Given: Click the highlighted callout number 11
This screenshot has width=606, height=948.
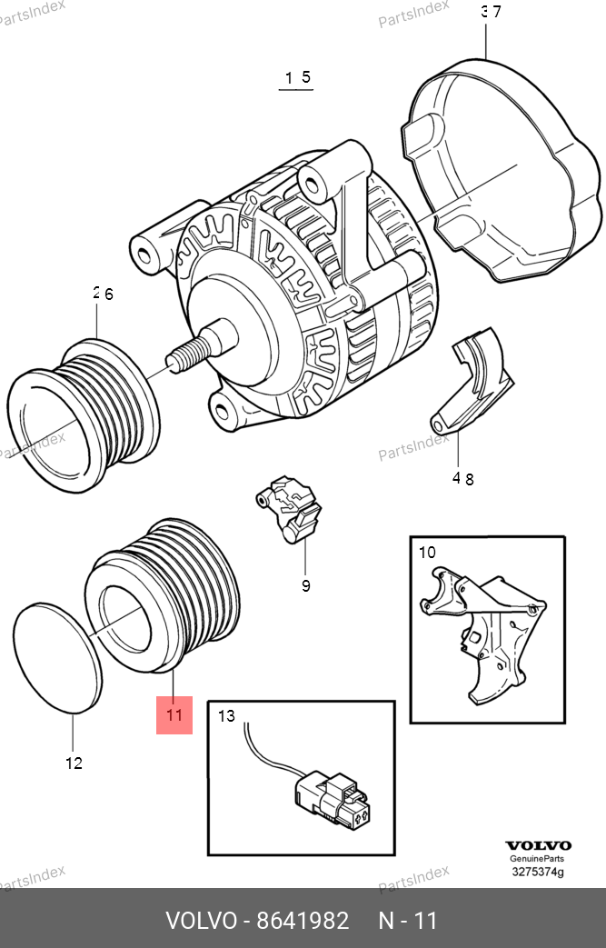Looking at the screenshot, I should tap(174, 715).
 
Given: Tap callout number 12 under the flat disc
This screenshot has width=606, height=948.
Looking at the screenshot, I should tap(74, 763).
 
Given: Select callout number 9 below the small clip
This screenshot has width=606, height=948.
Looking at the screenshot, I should tap(305, 585).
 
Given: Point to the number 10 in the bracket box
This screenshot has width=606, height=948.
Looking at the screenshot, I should tap(427, 552).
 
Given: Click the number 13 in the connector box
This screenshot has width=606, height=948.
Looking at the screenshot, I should tap(226, 716).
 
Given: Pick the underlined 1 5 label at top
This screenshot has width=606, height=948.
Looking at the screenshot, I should tap(298, 78).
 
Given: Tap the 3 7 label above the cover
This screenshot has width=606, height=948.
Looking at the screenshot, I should tap(491, 12).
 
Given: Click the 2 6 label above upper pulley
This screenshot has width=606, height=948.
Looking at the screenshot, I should tap(103, 294).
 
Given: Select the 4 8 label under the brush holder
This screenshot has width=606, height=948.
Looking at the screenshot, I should tap(463, 479).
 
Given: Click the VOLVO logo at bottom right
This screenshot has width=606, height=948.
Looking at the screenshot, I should tap(538, 845).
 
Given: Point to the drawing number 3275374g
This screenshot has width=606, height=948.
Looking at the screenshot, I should tap(537, 873).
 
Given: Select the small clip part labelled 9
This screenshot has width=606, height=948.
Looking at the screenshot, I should tap(288, 509).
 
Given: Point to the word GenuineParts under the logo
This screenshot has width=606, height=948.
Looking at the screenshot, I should tap(537, 859).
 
